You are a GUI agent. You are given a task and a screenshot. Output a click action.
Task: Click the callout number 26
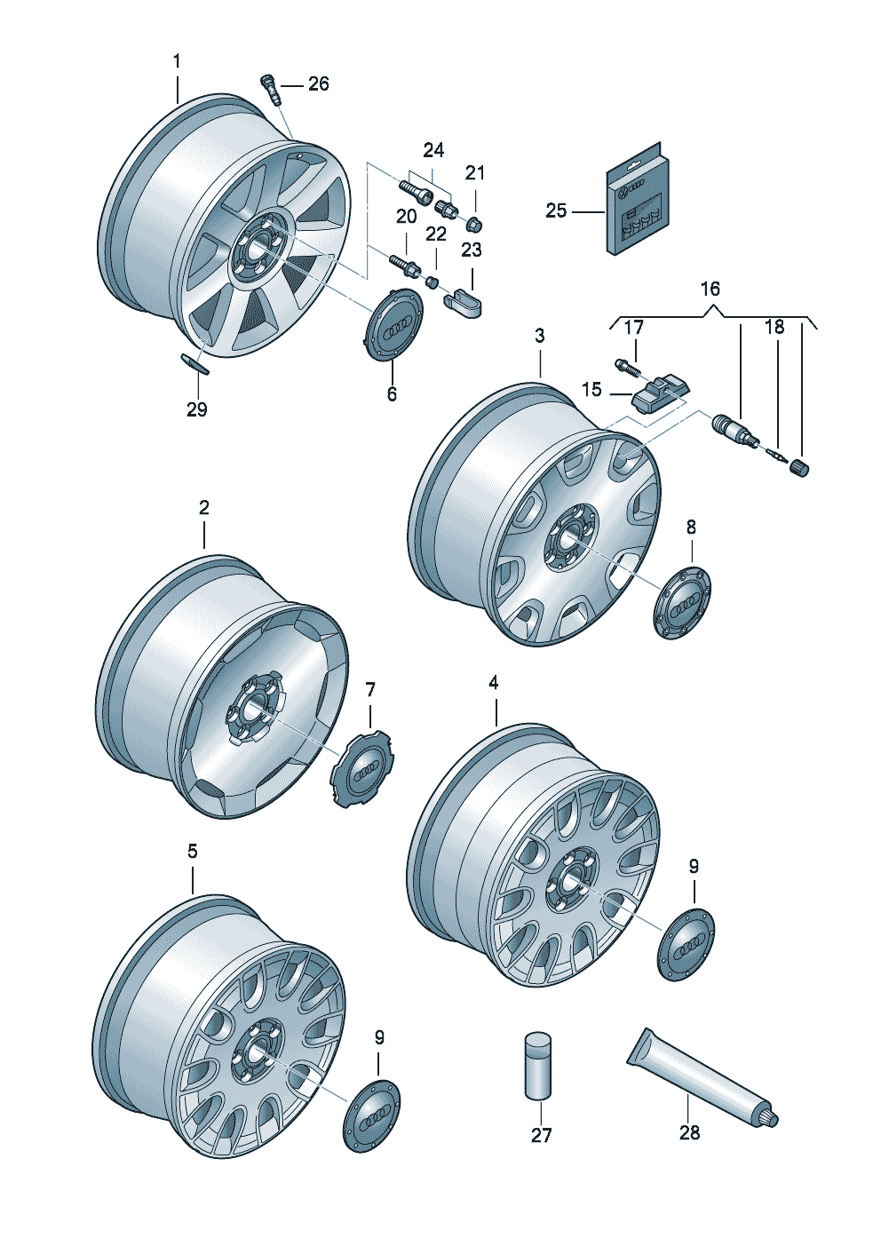coord(319,84)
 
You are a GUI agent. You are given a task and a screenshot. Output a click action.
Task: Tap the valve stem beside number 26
coord(272,90)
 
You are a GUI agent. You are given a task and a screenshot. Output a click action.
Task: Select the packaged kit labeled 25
coord(637,198)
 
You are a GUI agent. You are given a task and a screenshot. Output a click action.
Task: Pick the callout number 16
coord(710,289)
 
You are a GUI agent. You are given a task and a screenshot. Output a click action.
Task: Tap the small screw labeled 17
coord(626,367)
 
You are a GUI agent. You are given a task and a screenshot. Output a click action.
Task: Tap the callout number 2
coord(204,507)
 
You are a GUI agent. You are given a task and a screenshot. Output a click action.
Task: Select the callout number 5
coord(192,851)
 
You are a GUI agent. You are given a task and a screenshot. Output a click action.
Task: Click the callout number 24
coord(433,151)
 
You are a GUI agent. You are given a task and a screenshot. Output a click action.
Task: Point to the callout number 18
coord(774,327)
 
